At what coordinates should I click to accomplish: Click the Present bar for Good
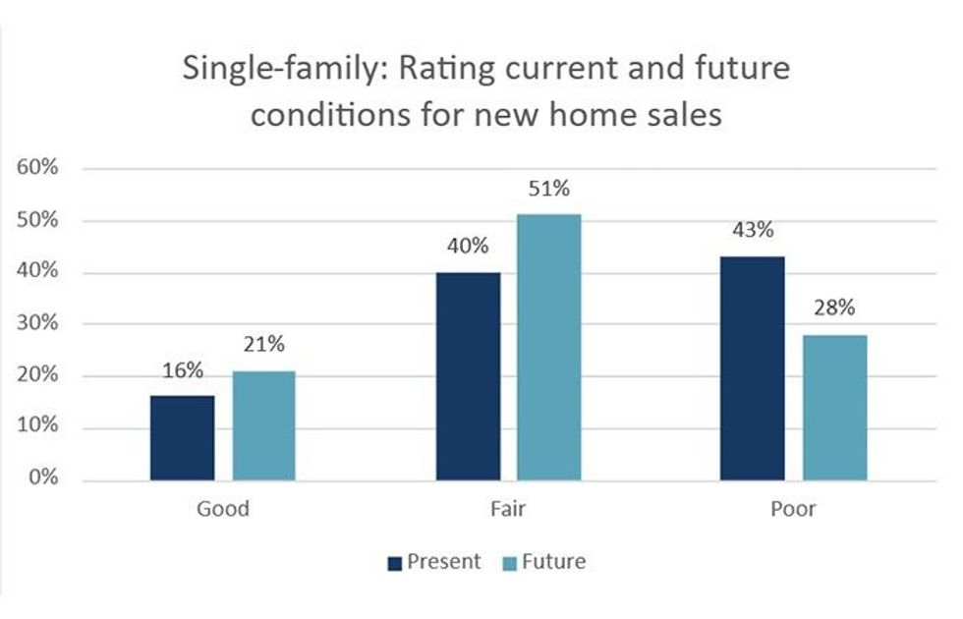(x=182, y=438)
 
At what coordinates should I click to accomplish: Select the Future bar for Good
(x=263, y=426)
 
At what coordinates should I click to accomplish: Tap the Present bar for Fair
(x=468, y=376)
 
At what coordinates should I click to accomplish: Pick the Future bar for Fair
(x=548, y=348)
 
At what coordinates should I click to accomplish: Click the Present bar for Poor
(x=753, y=368)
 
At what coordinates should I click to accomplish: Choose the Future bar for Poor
(x=834, y=408)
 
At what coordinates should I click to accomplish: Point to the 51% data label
(x=548, y=189)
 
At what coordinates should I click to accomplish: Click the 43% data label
(x=753, y=231)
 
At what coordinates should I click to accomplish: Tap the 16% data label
(x=183, y=370)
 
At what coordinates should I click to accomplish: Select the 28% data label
(x=834, y=309)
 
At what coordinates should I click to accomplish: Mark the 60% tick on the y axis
(x=37, y=168)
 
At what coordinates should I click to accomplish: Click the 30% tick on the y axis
(x=37, y=324)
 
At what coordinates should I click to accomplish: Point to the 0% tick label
(x=42, y=480)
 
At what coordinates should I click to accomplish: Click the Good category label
(x=223, y=509)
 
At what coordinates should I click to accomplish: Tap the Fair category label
(x=508, y=509)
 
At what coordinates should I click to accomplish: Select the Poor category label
(x=793, y=509)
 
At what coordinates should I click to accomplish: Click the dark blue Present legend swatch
(x=395, y=563)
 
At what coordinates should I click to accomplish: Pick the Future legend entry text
(x=553, y=562)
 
